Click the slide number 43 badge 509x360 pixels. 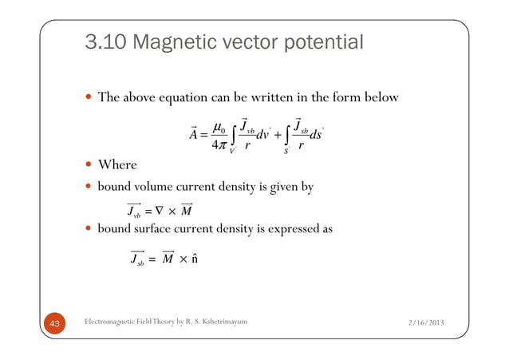[x=55, y=322]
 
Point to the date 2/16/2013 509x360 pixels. [x=422, y=322]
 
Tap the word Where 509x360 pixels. [x=117, y=164]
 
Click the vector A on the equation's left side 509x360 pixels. [x=193, y=133]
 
